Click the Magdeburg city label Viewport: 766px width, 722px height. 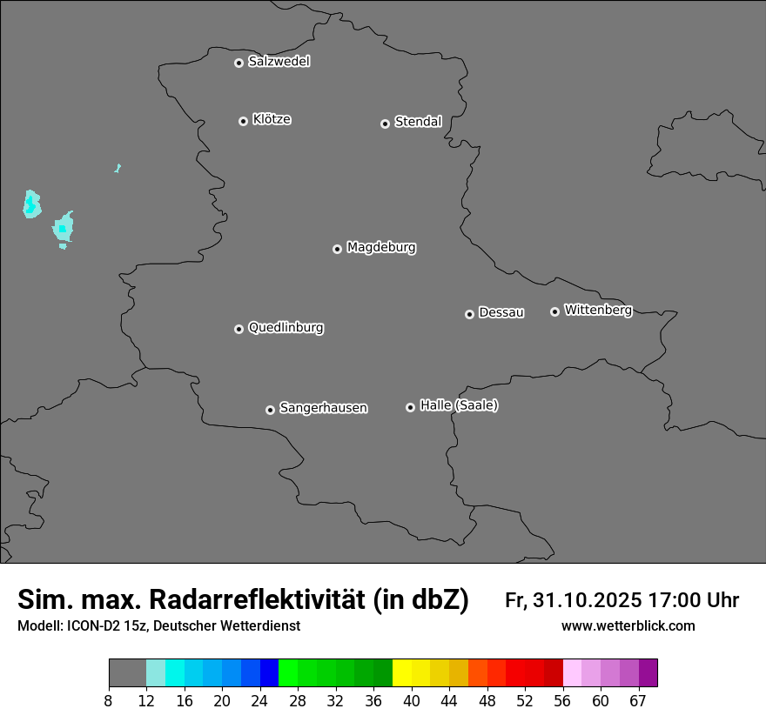tap(381, 248)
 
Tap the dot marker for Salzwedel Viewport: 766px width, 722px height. tap(239, 63)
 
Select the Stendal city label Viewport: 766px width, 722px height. tap(418, 122)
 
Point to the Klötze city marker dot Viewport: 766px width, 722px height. tap(243, 121)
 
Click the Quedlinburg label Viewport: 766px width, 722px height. tap(286, 328)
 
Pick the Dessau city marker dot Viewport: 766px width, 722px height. tap(469, 314)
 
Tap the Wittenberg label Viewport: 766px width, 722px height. tap(598, 310)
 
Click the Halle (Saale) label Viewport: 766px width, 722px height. tap(459, 405)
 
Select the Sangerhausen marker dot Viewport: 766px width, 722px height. tap(270, 410)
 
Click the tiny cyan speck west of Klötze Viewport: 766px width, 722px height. tap(117, 168)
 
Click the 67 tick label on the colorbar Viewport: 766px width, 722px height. tap(638, 700)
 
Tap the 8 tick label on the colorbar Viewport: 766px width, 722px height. tap(109, 700)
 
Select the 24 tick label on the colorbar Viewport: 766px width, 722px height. tap(260, 700)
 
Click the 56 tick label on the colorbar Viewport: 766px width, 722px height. tap(563, 700)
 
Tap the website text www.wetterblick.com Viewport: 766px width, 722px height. tap(628, 626)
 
